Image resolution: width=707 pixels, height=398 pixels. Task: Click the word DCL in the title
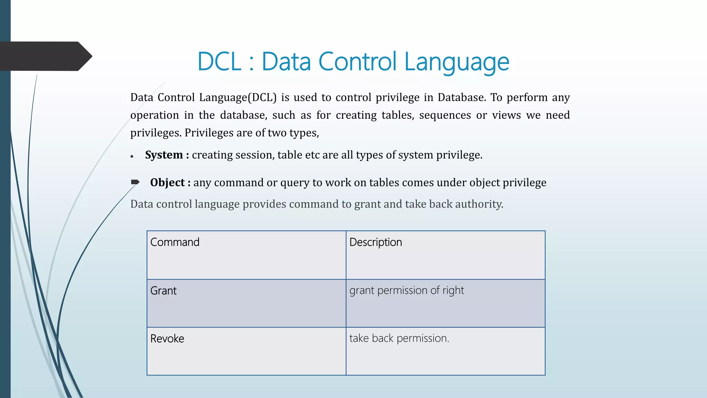[219, 61]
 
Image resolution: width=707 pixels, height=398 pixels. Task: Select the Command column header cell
[246, 255]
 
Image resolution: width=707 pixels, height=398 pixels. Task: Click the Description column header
[445, 255]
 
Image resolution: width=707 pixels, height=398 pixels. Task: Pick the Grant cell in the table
[246, 303]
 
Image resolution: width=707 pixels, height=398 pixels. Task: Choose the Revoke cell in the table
[246, 351]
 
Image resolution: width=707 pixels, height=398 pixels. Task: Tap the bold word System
[164, 155]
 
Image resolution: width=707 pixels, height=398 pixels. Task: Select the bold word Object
[167, 182]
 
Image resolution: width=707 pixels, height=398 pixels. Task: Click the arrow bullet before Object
[135, 182]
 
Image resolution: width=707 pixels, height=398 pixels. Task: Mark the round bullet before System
[132, 157]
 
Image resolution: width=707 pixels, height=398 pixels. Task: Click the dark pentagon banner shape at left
[45, 56]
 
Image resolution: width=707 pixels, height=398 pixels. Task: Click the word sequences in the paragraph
[445, 115]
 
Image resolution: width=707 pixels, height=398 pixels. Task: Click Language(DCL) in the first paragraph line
[238, 97]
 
